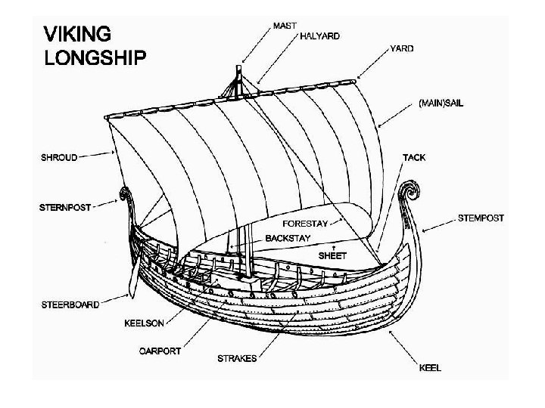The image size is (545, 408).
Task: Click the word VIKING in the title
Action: [78, 34]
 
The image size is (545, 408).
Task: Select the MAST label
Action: [285, 25]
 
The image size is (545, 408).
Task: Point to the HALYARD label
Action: [319, 36]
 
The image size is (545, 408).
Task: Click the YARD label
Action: [401, 48]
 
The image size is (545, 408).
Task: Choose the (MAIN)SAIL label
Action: [441, 103]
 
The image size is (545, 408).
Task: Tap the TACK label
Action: [414, 158]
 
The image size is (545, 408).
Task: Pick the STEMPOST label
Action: [481, 218]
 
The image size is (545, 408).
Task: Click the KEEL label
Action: [429, 368]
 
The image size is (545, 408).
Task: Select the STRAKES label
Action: [237, 358]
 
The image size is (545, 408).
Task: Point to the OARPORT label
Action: [160, 351]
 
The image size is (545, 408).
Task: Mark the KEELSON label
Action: [144, 323]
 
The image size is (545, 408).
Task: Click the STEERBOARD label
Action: [70, 304]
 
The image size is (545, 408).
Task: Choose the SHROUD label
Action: [58, 158]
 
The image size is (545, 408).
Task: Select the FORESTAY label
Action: [304, 224]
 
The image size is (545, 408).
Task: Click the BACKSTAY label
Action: [288, 239]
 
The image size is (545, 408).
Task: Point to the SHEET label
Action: [332, 255]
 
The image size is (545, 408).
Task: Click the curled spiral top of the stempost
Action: [410, 187]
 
